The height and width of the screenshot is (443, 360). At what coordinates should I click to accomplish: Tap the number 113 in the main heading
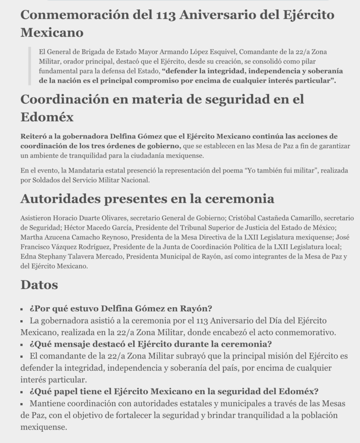coord(163,15)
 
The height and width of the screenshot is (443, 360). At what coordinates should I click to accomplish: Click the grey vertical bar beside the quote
coord(29,66)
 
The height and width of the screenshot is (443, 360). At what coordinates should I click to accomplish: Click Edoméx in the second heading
coord(47,117)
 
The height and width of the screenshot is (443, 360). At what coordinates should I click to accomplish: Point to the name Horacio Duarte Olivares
coord(91,218)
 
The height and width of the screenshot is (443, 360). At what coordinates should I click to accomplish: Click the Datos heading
coord(39,285)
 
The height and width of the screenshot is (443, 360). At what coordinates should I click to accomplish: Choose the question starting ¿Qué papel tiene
coord(174,392)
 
